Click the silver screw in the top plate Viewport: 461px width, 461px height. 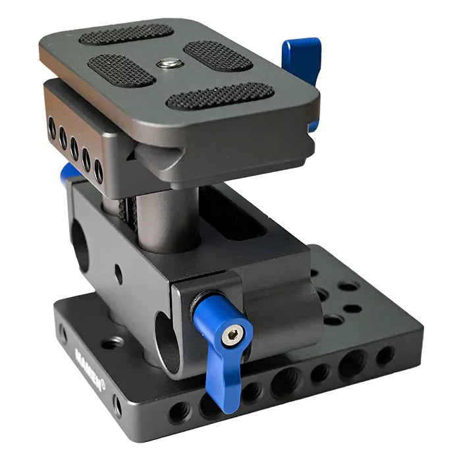pos(170,63)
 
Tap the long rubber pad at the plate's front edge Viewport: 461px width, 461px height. pos(220,95)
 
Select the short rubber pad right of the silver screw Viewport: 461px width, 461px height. pos(217,56)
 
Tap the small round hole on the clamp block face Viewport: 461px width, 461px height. pos(118,273)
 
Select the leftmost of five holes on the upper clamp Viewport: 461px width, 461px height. pos(52,128)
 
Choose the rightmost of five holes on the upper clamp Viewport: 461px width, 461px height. pos(98,172)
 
